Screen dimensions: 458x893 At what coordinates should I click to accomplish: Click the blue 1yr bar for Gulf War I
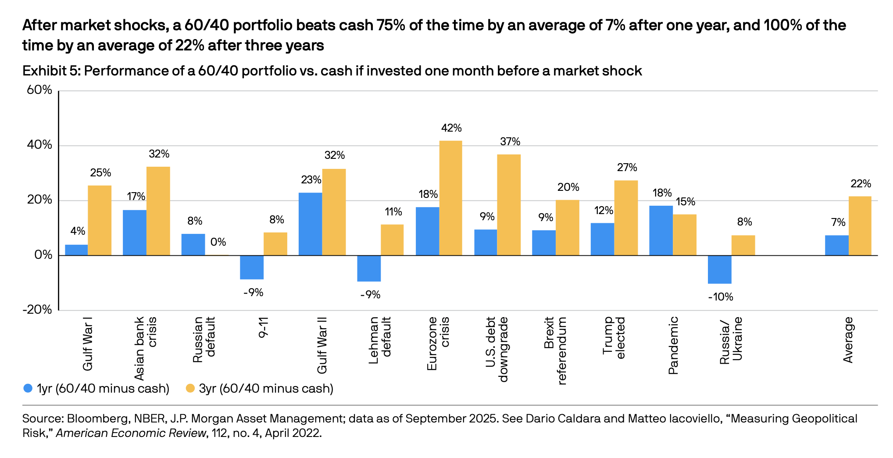point(76,250)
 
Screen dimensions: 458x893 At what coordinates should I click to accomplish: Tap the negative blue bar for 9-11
point(252,267)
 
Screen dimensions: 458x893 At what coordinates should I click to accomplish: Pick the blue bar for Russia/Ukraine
point(720,269)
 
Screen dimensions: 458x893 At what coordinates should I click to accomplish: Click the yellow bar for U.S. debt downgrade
point(509,205)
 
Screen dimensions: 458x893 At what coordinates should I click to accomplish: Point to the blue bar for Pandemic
point(661,230)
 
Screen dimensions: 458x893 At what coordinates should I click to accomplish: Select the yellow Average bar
point(860,226)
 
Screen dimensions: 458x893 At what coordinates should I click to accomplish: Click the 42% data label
point(451,128)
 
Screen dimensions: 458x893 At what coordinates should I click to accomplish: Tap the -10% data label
point(721,297)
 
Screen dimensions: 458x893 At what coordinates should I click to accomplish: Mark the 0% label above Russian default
point(218,242)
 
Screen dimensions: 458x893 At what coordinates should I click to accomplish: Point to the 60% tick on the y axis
point(39,90)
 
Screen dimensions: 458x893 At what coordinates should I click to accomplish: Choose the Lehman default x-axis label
point(380,340)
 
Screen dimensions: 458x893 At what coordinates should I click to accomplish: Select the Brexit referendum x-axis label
point(555,351)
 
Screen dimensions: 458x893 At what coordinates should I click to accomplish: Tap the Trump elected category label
point(614,338)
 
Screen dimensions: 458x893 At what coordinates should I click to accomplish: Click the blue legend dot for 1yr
point(28,388)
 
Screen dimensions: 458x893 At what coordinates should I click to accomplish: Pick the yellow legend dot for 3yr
point(190,388)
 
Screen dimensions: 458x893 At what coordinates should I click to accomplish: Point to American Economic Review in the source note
point(131,433)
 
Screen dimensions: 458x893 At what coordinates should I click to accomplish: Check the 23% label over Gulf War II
point(311,180)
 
